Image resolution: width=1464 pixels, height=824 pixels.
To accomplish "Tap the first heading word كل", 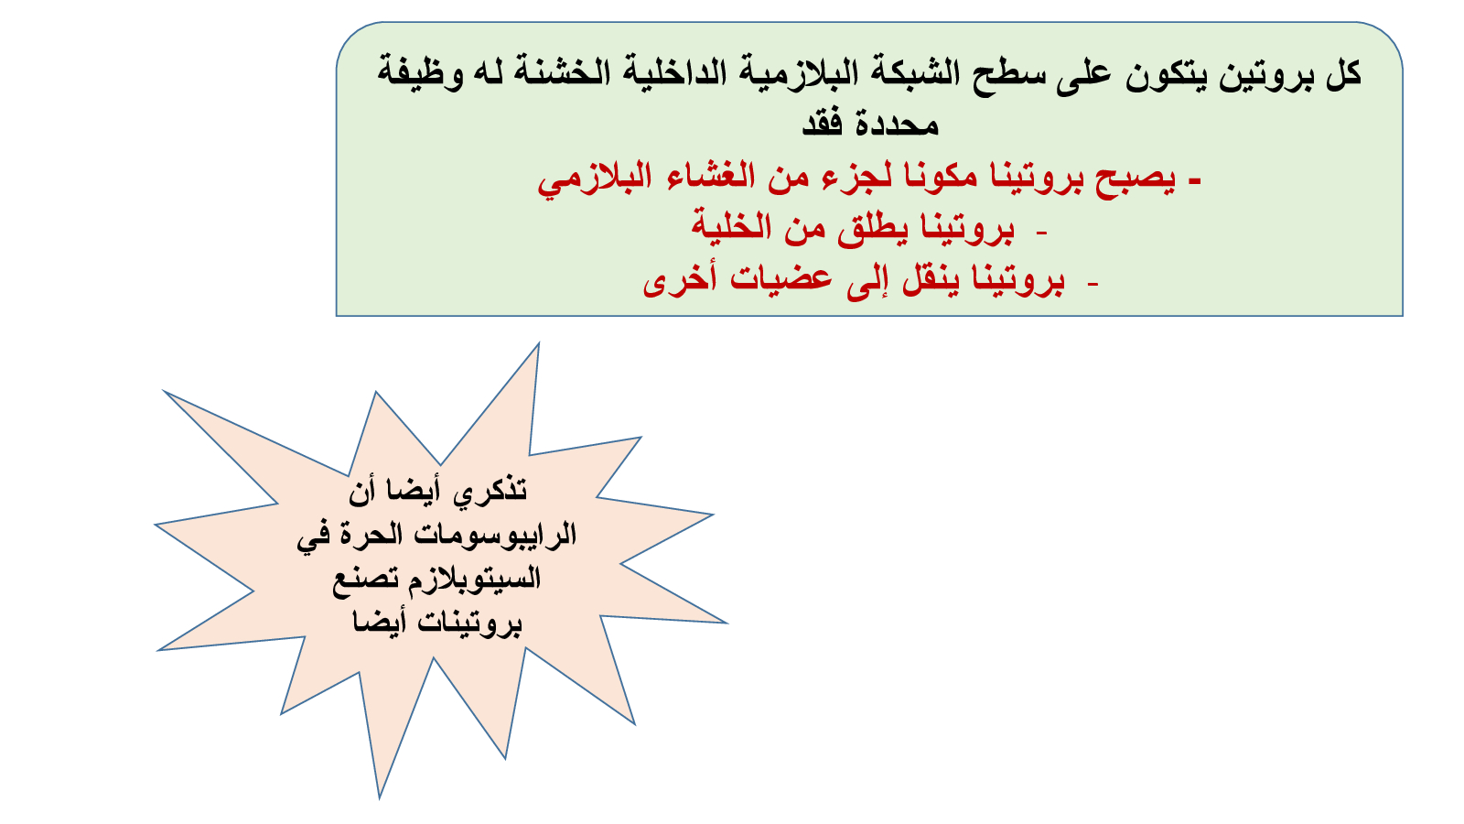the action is coord(1343,72).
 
